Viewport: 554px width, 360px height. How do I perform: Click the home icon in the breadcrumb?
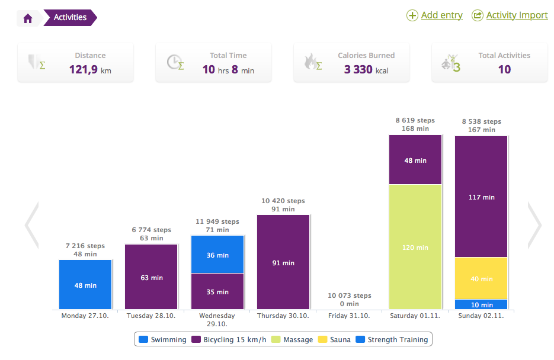coord(28,18)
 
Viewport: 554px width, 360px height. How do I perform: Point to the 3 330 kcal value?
coord(366,70)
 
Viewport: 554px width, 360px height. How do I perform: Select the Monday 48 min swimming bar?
coord(85,285)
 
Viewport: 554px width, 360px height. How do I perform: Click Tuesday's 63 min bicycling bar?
coord(151,277)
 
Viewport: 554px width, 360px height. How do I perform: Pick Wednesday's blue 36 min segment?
coord(217,255)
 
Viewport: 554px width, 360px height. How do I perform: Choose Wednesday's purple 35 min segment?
coord(217,291)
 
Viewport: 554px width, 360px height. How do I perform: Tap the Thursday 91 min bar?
coord(283,262)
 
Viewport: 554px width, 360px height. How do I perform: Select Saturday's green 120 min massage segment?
coord(415,247)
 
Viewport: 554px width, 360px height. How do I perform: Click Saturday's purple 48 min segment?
coord(415,160)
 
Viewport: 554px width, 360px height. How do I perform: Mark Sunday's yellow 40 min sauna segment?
coord(481,278)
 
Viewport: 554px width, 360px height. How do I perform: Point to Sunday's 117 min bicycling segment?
coord(481,197)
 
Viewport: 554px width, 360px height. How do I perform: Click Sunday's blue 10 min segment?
coord(481,304)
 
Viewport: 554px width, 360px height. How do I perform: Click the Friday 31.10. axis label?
coord(349,316)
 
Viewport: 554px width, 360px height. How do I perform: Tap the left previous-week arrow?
coord(31,225)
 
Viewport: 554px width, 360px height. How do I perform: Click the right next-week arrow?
coord(534,225)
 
